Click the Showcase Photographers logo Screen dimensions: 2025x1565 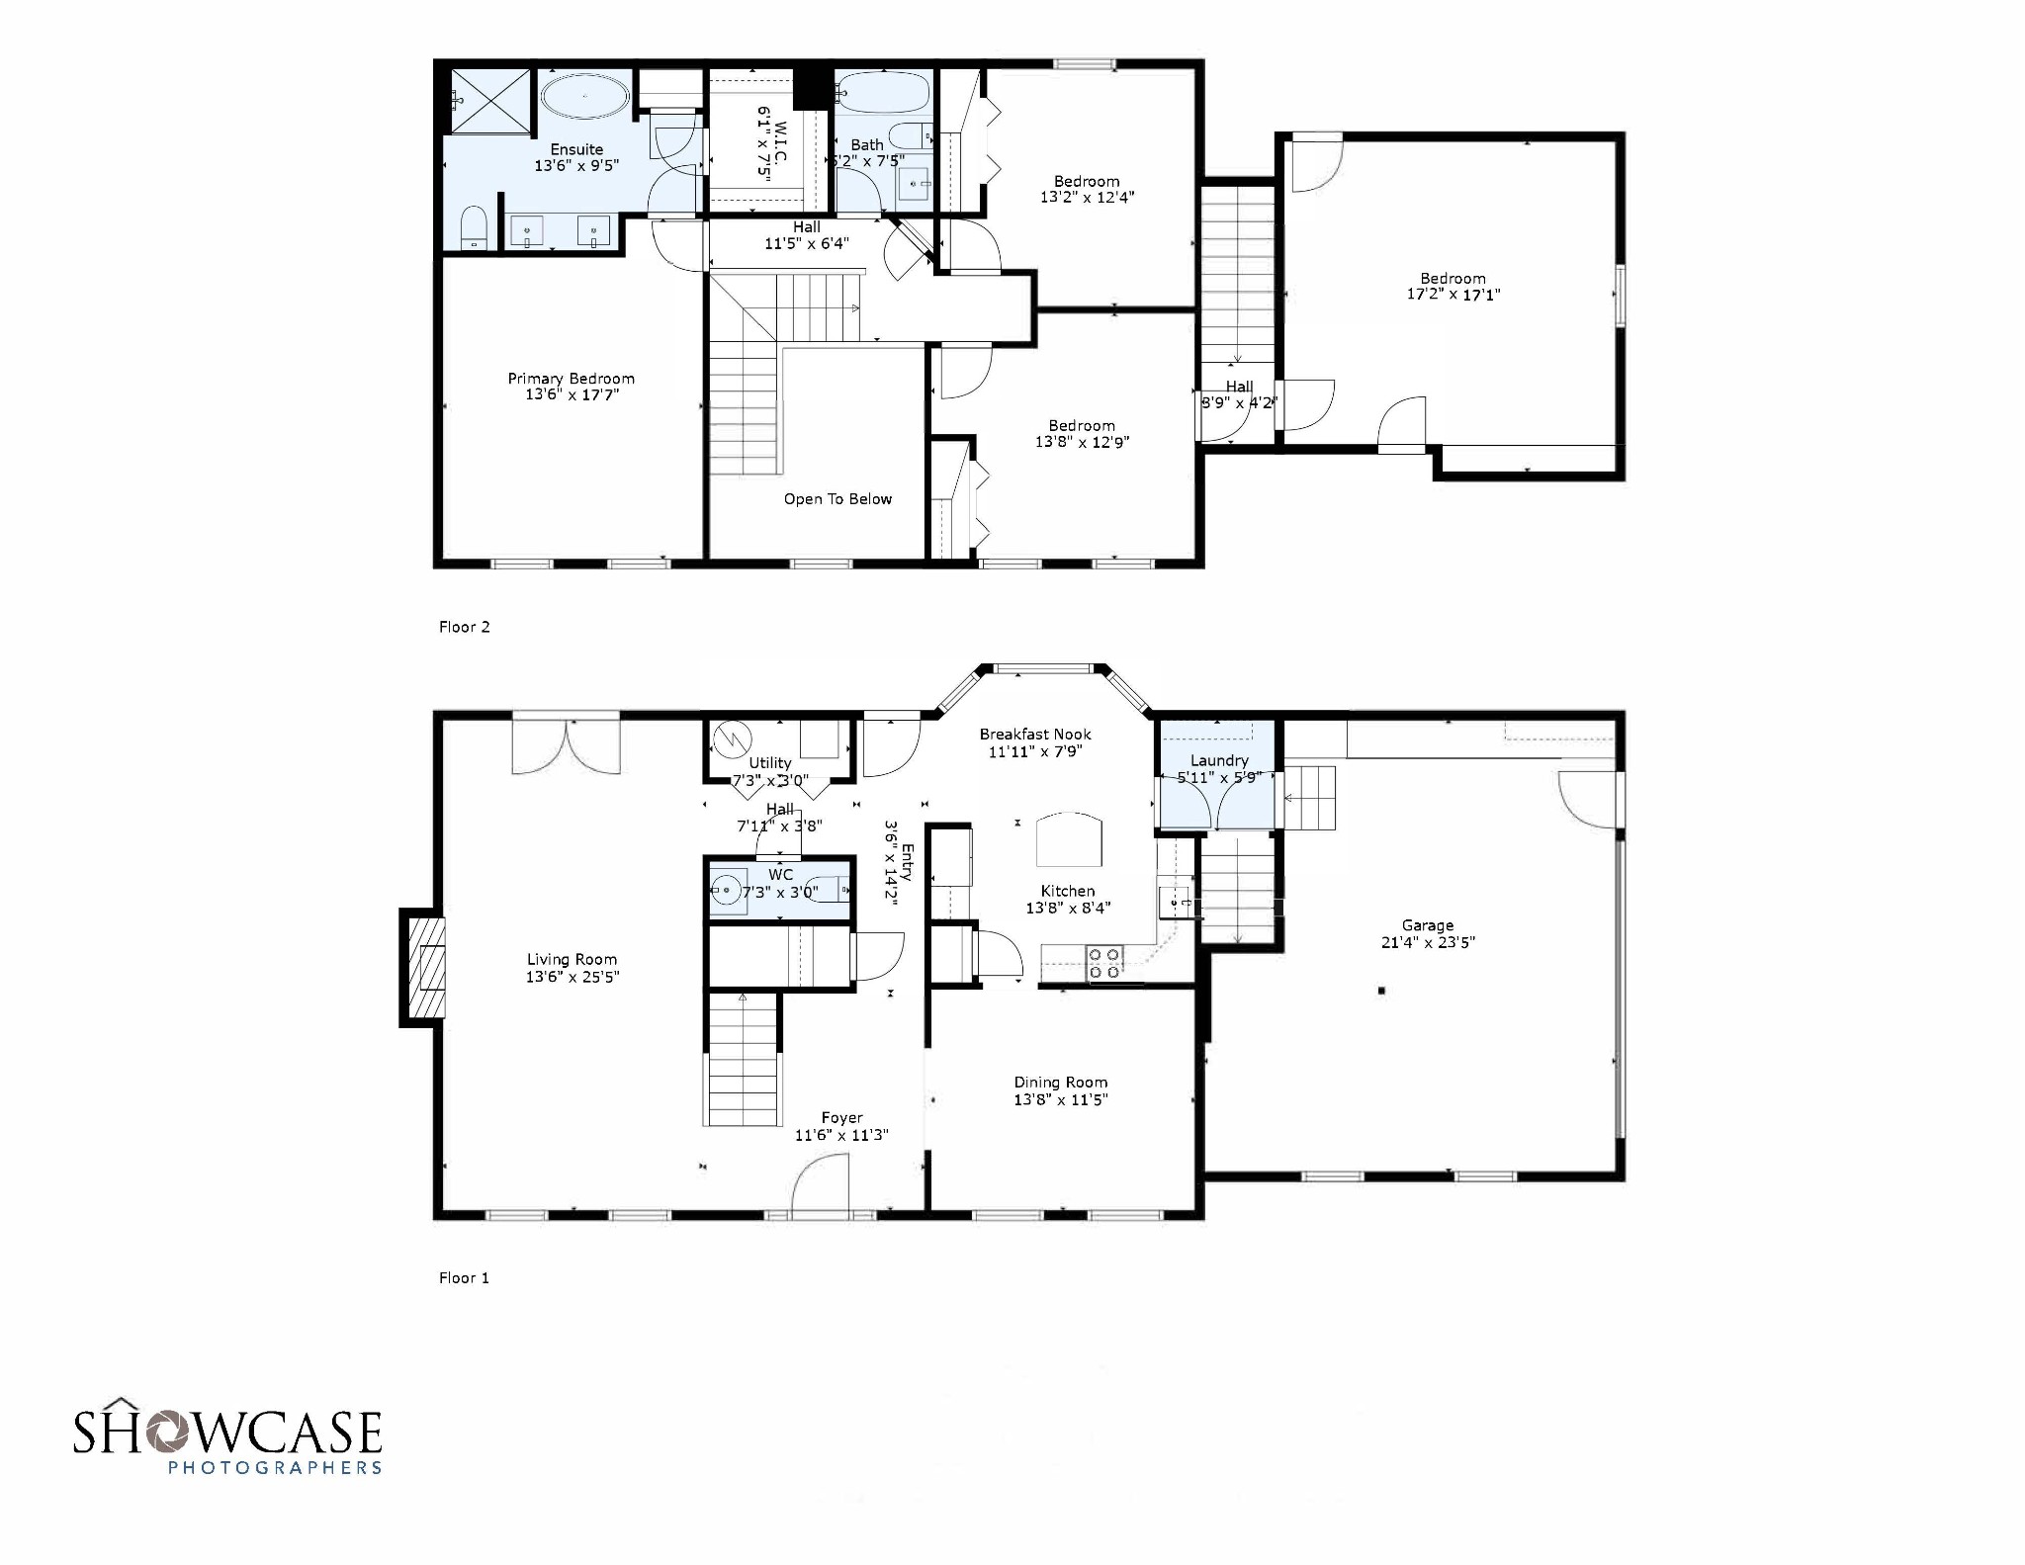227,1436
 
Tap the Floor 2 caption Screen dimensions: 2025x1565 465,627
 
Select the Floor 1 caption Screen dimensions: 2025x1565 465,1278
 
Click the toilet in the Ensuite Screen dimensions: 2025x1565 475,227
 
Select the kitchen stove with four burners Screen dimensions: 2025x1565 1104,963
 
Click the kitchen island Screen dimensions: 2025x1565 1068,840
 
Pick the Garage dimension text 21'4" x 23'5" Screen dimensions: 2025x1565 1428,943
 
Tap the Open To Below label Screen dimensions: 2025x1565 837,499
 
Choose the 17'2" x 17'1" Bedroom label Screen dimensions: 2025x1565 1453,287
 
